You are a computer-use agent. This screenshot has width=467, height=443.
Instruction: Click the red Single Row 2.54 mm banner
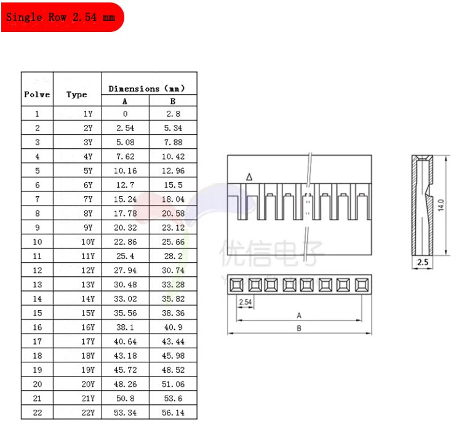point(63,17)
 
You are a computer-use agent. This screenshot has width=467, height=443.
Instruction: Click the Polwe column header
point(37,94)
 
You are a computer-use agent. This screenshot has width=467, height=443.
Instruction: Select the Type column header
point(77,95)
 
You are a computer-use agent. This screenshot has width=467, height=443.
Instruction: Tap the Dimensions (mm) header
point(146,89)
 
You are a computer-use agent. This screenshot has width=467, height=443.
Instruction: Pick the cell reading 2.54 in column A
point(125,128)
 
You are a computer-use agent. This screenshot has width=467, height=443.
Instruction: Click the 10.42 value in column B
point(173,156)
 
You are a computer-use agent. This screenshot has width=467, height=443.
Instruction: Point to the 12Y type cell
point(88,270)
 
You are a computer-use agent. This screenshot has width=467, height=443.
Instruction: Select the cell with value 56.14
point(173,413)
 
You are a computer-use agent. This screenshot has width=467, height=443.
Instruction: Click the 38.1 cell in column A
point(125,327)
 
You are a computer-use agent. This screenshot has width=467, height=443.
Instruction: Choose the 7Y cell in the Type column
point(88,199)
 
